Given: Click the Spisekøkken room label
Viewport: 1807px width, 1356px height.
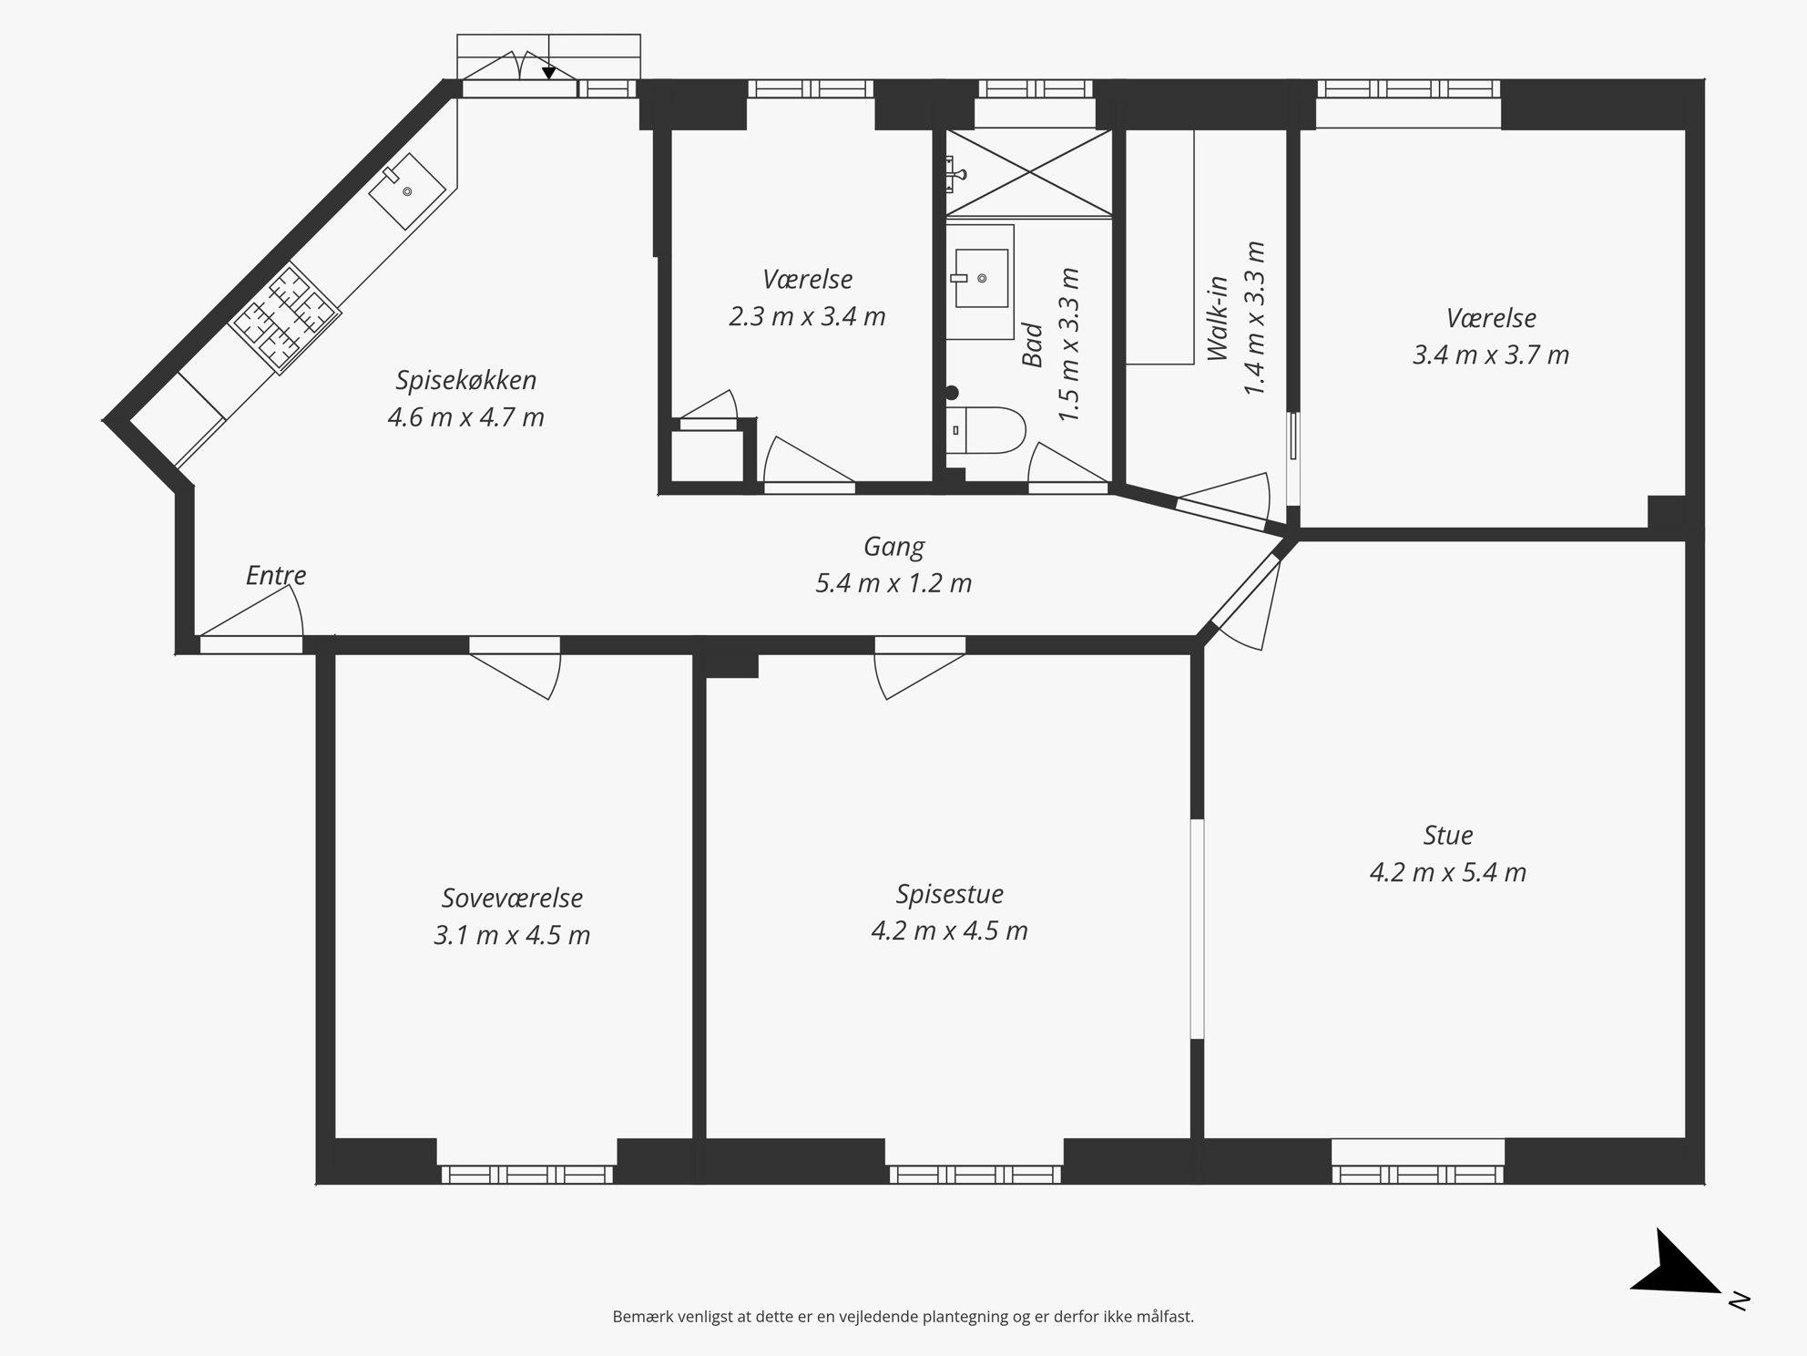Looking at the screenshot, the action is click(465, 379).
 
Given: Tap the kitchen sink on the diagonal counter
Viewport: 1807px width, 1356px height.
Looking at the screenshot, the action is click(407, 191).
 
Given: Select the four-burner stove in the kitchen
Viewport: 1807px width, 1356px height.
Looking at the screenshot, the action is click(284, 317).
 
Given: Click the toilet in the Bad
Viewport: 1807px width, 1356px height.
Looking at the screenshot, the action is click(985, 430).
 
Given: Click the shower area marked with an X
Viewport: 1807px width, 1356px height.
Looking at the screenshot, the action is click(1029, 172).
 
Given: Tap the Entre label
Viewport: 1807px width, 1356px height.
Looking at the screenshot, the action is click(276, 575).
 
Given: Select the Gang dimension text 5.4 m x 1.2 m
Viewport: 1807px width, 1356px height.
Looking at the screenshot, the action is click(893, 583).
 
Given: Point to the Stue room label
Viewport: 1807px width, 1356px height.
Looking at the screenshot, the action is click(1447, 835).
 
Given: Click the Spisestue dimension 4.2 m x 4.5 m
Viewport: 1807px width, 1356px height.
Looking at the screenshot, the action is click(949, 931).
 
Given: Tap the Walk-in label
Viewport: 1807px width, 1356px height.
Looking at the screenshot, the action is click(1218, 319).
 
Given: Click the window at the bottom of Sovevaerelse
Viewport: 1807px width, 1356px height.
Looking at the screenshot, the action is click(526, 1174).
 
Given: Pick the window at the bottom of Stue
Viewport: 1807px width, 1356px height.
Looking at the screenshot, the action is click(1417, 1174).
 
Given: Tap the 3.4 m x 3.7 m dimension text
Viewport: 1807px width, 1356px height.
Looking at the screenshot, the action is click(1491, 354).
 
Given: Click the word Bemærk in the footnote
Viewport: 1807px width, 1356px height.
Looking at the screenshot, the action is click(641, 1317).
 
